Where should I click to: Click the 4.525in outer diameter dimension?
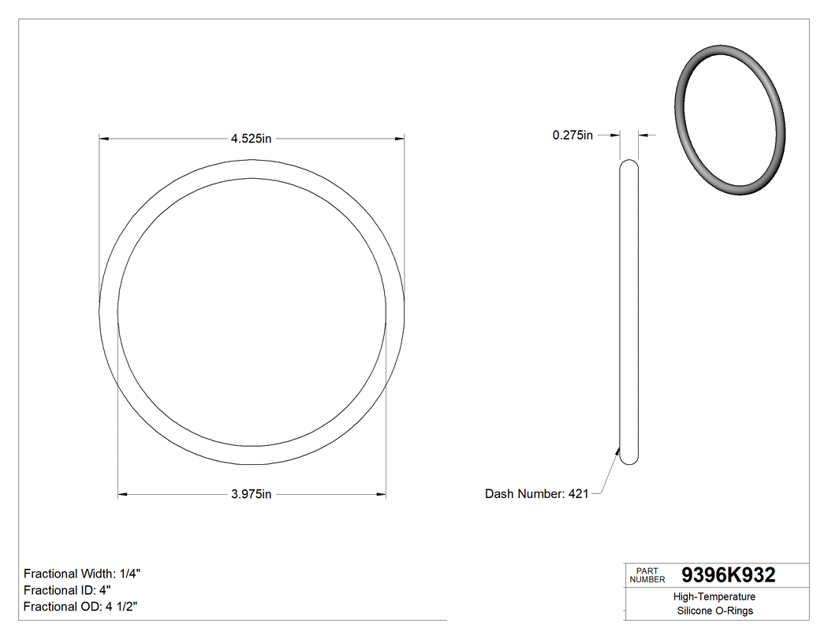click(251, 139)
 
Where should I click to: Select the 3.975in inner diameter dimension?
click(251, 495)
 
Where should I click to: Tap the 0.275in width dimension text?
click(573, 136)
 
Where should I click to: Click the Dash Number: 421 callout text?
click(536, 494)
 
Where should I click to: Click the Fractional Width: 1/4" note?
click(83, 574)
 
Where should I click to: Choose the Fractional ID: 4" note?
click(67, 590)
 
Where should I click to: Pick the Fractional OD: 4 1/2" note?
click(82, 607)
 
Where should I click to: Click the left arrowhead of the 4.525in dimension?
click(103, 139)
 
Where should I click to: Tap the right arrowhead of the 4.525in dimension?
click(400, 139)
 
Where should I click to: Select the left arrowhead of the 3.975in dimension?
click(122, 495)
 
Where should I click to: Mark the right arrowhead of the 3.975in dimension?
click(381, 495)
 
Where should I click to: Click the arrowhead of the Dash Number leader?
click(618, 451)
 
